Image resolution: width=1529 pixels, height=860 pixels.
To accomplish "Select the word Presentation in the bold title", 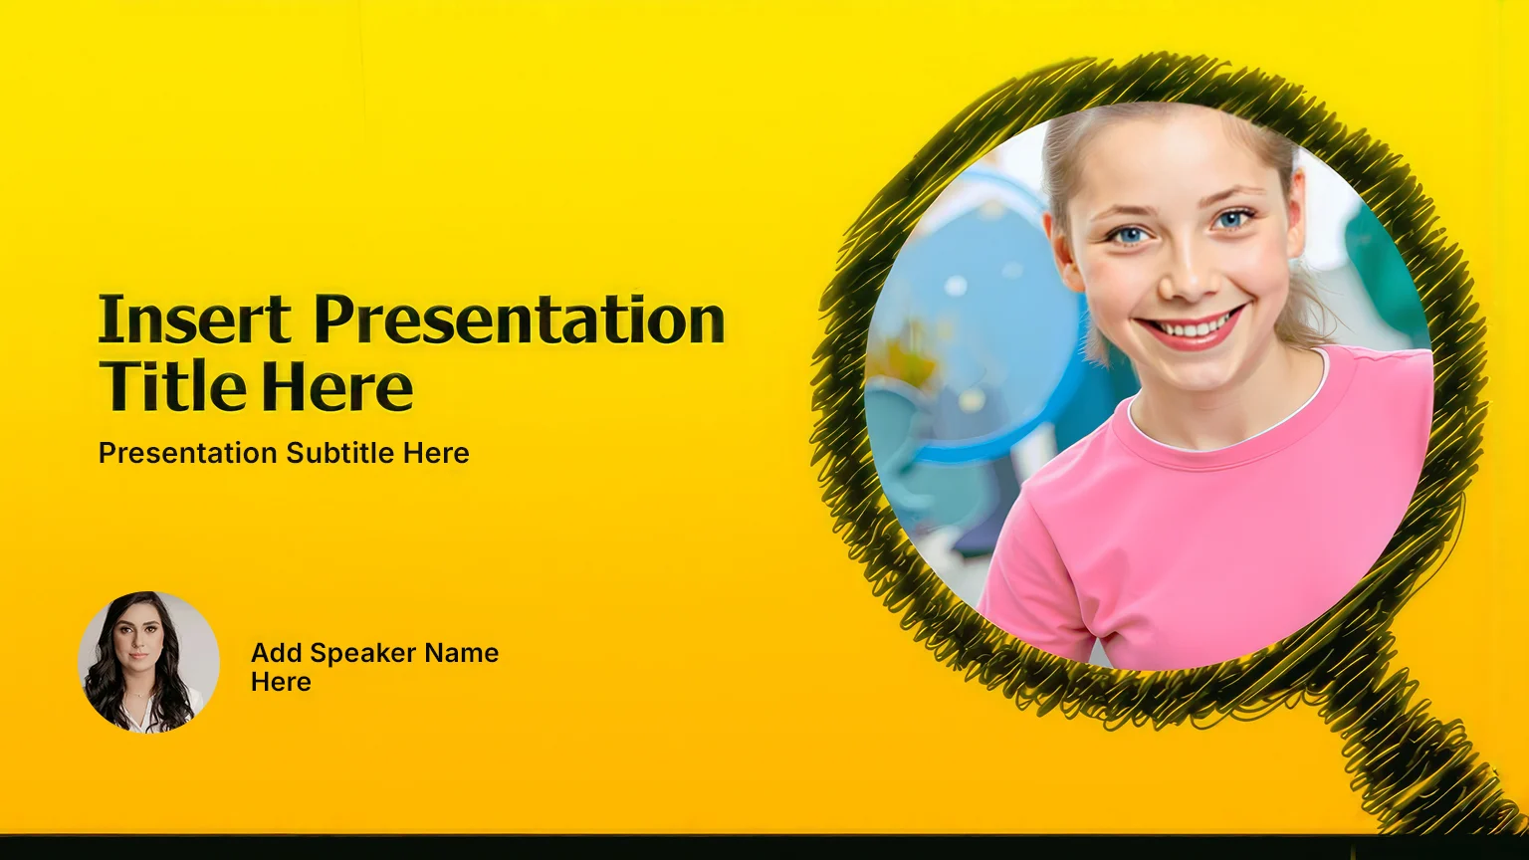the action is [x=520, y=321].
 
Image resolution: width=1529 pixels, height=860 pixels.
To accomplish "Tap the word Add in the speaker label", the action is [x=277, y=653].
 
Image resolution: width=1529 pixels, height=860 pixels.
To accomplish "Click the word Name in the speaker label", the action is [x=462, y=653].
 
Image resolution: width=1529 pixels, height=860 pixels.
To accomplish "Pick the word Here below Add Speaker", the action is [x=281, y=682].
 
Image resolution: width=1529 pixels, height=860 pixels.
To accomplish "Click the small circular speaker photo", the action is [x=148, y=662].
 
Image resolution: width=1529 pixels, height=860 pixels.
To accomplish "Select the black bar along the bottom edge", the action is [x=764, y=847].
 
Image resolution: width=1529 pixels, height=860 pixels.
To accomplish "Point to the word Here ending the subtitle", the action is [x=435, y=453].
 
